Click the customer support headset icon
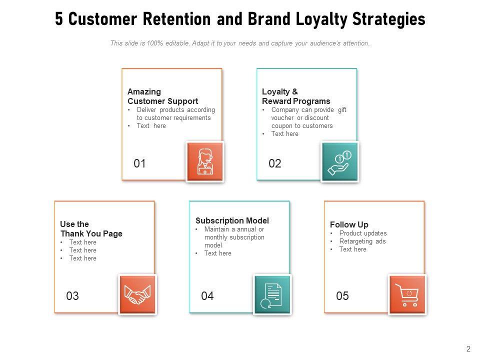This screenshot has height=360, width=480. coord(205,161)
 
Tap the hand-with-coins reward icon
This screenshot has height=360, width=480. coord(340,161)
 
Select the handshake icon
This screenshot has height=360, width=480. coord(137,294)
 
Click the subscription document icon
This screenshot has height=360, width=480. coord(272,294)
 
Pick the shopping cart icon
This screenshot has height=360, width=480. coord(407,294)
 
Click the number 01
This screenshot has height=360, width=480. coord(140,163)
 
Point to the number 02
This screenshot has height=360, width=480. coord(275,163)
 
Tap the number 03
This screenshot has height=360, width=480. coord(72,296)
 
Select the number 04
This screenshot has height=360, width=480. coord(207,296)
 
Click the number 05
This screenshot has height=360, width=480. coord(342,296)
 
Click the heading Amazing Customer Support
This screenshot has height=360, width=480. coord(162,96)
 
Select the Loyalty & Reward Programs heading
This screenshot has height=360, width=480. coord(296,96)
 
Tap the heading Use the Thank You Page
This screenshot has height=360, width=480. coord(91,229)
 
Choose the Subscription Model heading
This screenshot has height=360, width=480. coord(232,220)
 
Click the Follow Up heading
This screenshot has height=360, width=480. coord(349,224)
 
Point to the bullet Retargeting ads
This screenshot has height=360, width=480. coord(362,241)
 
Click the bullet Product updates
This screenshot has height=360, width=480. coord(363,233)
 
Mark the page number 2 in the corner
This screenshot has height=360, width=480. coord(468,349)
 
